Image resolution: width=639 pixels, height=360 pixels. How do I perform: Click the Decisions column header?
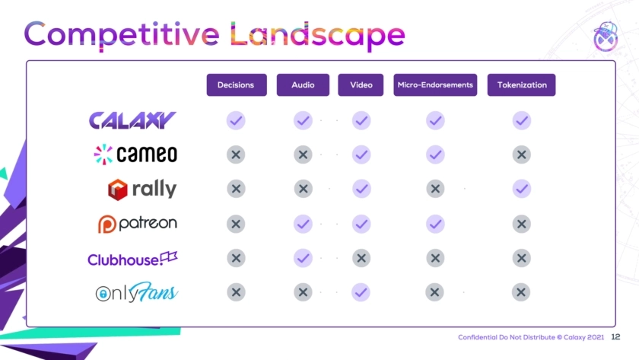[x=237, y=84]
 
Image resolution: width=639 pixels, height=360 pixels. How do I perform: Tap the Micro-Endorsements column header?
[x=435, y=84]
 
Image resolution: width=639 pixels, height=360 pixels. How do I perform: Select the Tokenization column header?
[x=522, y=84]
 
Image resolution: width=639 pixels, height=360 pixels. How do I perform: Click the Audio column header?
[x=303, y=84]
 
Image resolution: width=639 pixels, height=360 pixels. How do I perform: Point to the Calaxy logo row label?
[x=132, y=120]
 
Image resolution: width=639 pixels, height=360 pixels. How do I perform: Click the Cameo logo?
[x=135, y=154]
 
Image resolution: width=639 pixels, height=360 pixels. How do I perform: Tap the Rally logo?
[x=142, y=190]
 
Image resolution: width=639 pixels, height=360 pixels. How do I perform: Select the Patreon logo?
[x=138, y=224]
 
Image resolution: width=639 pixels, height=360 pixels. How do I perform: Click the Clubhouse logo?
[x=132, y=259]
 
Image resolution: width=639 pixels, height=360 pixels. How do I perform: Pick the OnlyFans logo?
[x=136, y=292]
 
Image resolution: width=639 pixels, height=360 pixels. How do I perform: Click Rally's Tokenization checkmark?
[x=522, y=189]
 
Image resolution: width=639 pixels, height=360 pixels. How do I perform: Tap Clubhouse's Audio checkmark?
[x=303, y=258]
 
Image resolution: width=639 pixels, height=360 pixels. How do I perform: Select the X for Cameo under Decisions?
[x=236, y=155]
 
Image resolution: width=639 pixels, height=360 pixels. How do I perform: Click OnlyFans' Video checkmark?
[x=361, y=292]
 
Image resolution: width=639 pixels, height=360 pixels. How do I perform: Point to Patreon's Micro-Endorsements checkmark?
[x=435, y=224]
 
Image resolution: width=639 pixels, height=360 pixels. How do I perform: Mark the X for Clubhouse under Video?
[x=361, y=258]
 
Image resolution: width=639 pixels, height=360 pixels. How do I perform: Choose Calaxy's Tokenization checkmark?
[x=522, y=121]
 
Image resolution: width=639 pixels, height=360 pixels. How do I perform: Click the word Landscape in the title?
[x=317, y=35]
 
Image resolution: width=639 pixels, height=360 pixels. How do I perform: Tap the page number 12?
[x=615, y=336]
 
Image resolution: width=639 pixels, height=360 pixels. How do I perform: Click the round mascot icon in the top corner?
[x=606, y=37]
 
